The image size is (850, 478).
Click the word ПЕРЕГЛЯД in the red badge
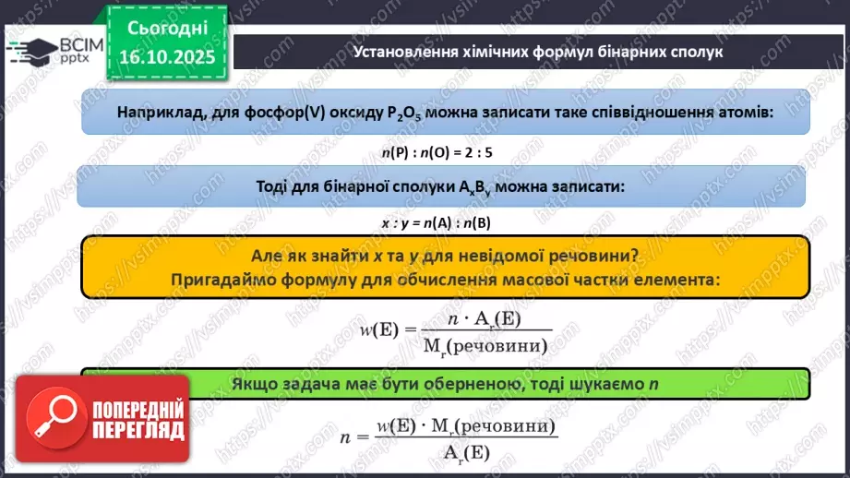pyautogui.click(x=138, y=430)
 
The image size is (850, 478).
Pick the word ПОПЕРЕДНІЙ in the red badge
pyautogui.click(x=138, y=410)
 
